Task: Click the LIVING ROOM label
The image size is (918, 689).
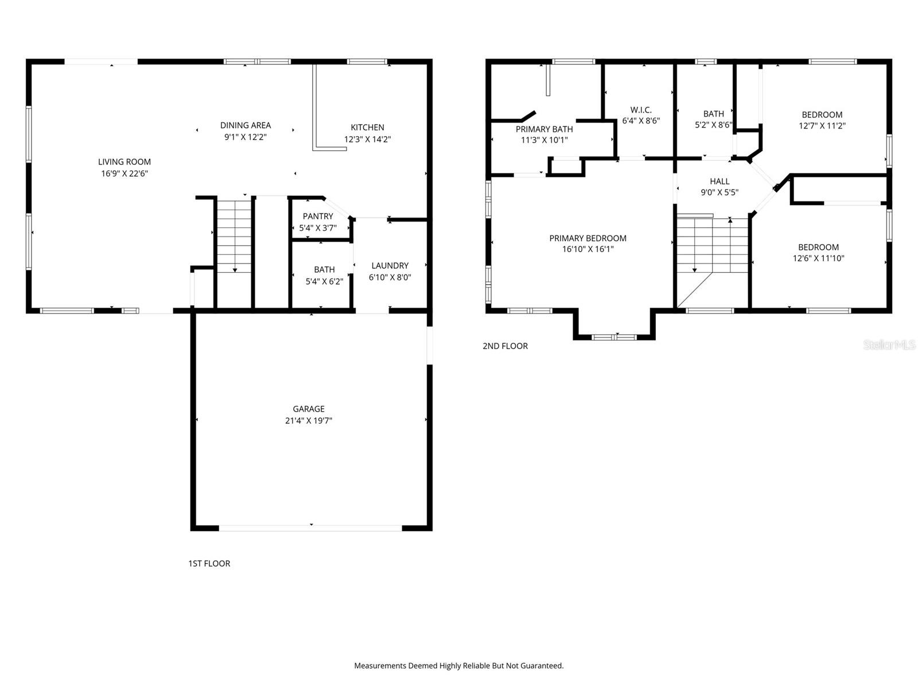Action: (125, 162)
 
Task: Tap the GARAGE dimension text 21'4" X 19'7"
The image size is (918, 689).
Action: (309, 421)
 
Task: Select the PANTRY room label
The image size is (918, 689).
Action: (318, 216)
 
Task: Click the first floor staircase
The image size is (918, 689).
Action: (234, 235)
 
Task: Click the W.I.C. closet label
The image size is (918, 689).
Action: (641, 110)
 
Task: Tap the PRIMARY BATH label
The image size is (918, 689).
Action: (544, 129)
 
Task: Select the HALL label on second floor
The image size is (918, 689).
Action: (719, 181)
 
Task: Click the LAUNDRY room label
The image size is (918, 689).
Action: (390, 266)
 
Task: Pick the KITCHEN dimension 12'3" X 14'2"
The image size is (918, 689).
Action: (367, 140)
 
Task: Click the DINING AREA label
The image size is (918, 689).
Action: (246, 125)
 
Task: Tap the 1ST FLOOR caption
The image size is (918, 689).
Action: (209, 564)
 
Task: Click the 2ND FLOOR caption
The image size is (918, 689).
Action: (505, 346)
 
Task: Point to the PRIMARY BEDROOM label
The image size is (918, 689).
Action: (588, 238)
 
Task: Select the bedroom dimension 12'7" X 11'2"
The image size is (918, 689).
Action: (822, 126)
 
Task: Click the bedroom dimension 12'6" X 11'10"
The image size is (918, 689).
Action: (818, 259)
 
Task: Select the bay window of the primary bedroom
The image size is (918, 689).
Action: (614, 337)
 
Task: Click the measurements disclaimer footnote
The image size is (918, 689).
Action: (458, 666)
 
